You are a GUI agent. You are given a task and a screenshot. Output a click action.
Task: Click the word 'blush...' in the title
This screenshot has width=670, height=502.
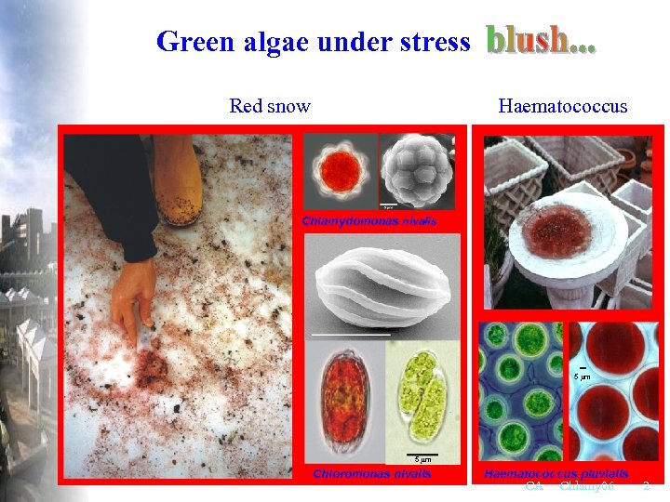541,40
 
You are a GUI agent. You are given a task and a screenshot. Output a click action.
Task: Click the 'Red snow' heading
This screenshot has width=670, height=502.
270,106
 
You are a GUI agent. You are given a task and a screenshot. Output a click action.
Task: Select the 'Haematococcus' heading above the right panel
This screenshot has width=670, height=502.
563,106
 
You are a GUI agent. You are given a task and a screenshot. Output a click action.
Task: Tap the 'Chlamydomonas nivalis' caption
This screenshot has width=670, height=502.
368,221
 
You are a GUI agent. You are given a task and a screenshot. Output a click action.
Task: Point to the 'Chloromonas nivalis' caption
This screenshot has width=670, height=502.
372,473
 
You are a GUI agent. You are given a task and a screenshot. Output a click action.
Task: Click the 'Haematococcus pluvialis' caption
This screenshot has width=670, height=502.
556,473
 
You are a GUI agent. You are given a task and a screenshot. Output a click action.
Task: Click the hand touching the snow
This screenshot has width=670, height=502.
133,297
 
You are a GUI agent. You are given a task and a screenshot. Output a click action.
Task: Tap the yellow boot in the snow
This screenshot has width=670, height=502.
179,180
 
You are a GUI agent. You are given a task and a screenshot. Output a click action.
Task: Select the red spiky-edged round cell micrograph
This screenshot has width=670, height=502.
341,168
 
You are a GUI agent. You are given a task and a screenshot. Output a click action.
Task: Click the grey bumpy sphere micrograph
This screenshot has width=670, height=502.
419,168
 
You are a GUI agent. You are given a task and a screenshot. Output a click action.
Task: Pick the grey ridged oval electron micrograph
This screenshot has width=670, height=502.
382,284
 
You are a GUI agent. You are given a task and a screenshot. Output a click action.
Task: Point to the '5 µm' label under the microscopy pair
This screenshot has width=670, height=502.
422,459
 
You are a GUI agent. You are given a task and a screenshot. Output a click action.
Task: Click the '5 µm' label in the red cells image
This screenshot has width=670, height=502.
581,376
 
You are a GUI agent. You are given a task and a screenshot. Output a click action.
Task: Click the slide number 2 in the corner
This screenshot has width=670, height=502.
647,486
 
